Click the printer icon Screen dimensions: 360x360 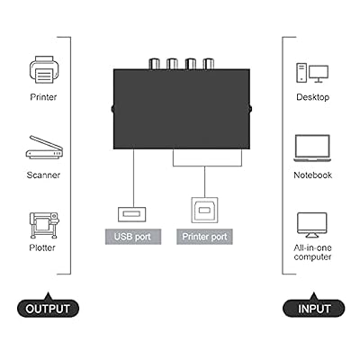pos(44,69)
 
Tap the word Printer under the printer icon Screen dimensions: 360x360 pos(43,97)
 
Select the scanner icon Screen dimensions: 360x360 pos(44,148)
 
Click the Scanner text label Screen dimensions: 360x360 pos(43,175)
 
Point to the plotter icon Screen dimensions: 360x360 pos(44,225)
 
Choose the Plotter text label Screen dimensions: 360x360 pos(42,247)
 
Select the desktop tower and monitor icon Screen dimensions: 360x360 pos(312,73)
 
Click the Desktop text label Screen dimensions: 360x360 pos(313,97)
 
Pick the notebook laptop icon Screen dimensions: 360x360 pos(312,148)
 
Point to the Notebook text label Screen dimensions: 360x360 pos(313,175)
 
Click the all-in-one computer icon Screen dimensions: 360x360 pos(312,225)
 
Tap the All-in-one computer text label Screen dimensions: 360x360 pos(312,252)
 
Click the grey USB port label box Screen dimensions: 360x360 pos(133,237)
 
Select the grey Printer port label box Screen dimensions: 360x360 pos(204,237)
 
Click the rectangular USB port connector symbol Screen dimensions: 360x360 pos(132,214)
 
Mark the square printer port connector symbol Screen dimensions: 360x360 pos(204,210)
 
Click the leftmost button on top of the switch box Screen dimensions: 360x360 pos(155,64)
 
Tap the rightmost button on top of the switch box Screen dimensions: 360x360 pos(208,64)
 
